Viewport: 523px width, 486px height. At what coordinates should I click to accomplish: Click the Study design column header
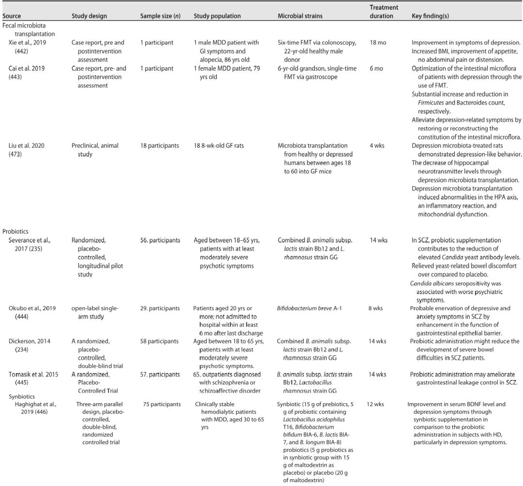[x=89, y=16]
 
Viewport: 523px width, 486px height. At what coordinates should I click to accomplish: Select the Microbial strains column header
[x=300, y=16]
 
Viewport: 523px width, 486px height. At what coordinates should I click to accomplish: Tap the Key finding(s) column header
[x=430, y=16]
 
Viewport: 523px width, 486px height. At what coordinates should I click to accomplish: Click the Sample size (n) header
[x=160, y=16]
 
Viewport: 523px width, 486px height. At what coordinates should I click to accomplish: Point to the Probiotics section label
[x=15, y=232]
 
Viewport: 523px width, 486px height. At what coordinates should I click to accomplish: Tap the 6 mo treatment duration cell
[x=376, y=68]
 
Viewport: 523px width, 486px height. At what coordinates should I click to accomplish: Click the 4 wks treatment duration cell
[x=377, y=145]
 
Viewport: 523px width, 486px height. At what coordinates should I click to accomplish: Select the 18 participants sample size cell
[x=160, y=145]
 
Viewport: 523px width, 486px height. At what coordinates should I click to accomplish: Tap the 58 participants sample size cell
[x=159, y=341]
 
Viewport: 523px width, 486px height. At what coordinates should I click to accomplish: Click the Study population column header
[x=217, y=16]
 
